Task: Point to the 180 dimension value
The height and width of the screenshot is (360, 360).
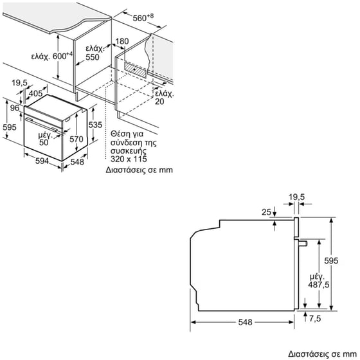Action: click(x=122, y=41)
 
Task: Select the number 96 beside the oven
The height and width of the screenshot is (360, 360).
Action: click(x=15, y=109)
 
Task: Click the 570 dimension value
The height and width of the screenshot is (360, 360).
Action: click(x=76, y=139)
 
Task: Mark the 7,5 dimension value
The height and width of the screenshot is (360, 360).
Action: click(x=314, y=318)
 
